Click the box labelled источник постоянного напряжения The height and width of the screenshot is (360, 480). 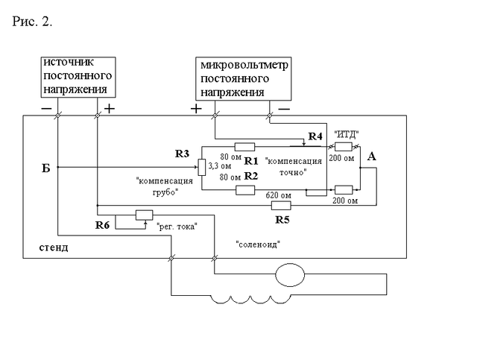(x=78, y=78)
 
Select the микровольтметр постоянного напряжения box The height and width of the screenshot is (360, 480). (x=243, y=80)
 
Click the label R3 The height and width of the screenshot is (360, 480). (x=183, y=154)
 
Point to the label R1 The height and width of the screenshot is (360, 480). (x=251, y=161)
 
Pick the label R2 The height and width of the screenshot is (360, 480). (x=251, y=177)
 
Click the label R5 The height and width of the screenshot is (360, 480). (x=282, y=220)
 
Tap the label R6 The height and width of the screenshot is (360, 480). (x=104, y=224)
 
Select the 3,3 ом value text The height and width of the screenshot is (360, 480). (x=218, y=168)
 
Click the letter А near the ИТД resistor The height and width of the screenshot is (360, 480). (x=372, y=157)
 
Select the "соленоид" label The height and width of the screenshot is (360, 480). (x=258, y=243)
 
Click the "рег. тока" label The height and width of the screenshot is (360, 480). (x=177, y=227)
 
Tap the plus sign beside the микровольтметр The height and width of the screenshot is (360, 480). (x=196, y=109)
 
